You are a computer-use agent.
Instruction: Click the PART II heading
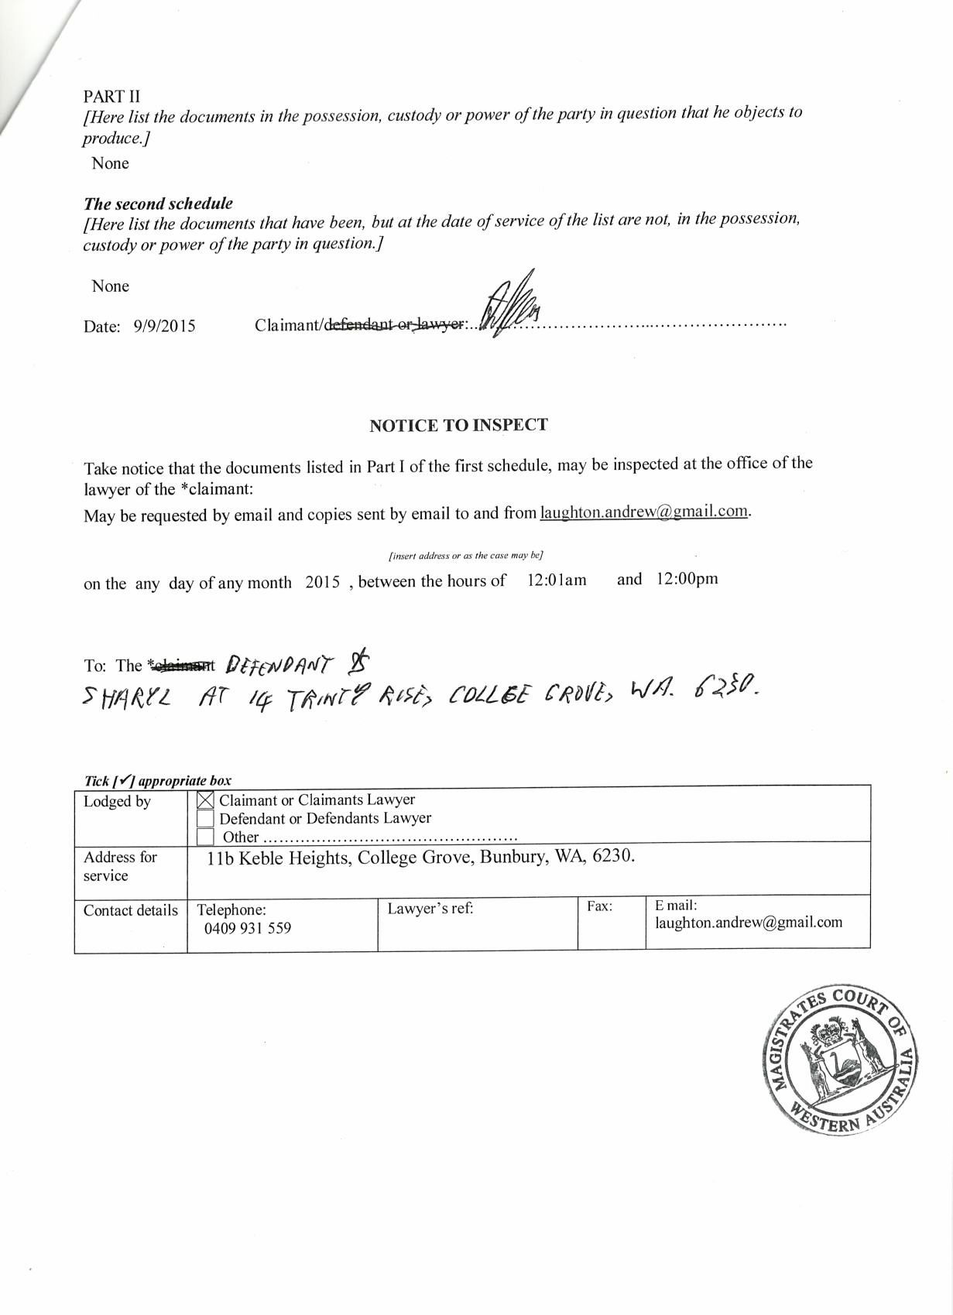coord(111,96)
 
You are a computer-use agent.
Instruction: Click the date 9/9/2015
coord(164,327)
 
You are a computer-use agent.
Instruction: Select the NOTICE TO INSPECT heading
coord(458,425)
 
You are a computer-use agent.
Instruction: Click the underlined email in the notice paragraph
coord(644,512)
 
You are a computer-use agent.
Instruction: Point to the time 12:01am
coord(557,580)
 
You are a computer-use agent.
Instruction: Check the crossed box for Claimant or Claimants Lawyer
coord(206,801)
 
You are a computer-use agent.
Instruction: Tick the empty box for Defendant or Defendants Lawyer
coord(206,818)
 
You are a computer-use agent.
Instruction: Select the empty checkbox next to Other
coord(205,837)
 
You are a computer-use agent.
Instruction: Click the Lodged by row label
coord(117,802)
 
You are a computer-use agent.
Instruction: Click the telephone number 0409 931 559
coord(248,928)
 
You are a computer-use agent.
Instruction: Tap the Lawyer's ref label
coord(430,909)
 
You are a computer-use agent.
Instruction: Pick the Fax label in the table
coord(599,906)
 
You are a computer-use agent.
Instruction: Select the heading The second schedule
coord(158,204)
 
